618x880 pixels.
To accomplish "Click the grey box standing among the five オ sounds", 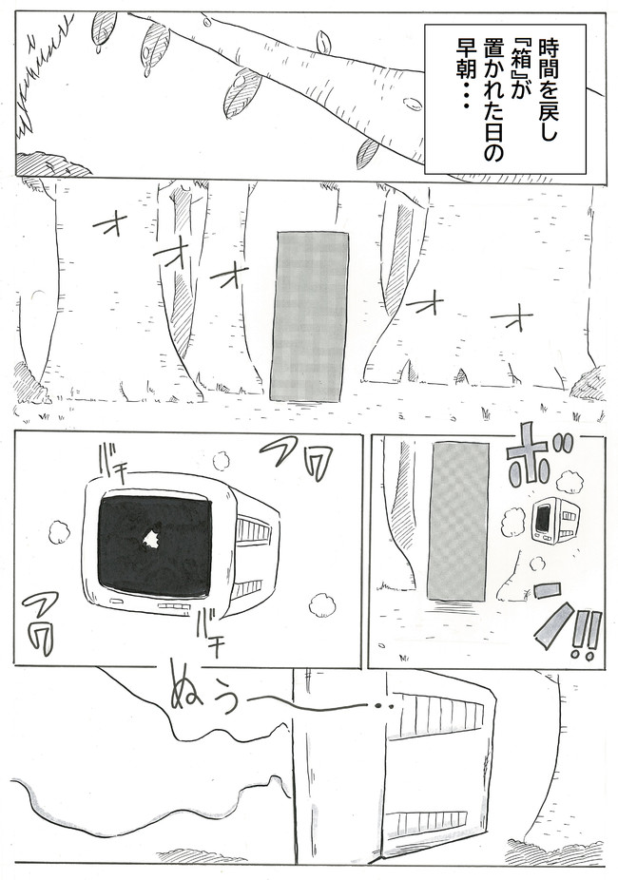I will [310, 316].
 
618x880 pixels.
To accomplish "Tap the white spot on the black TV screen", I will [149, 542].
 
